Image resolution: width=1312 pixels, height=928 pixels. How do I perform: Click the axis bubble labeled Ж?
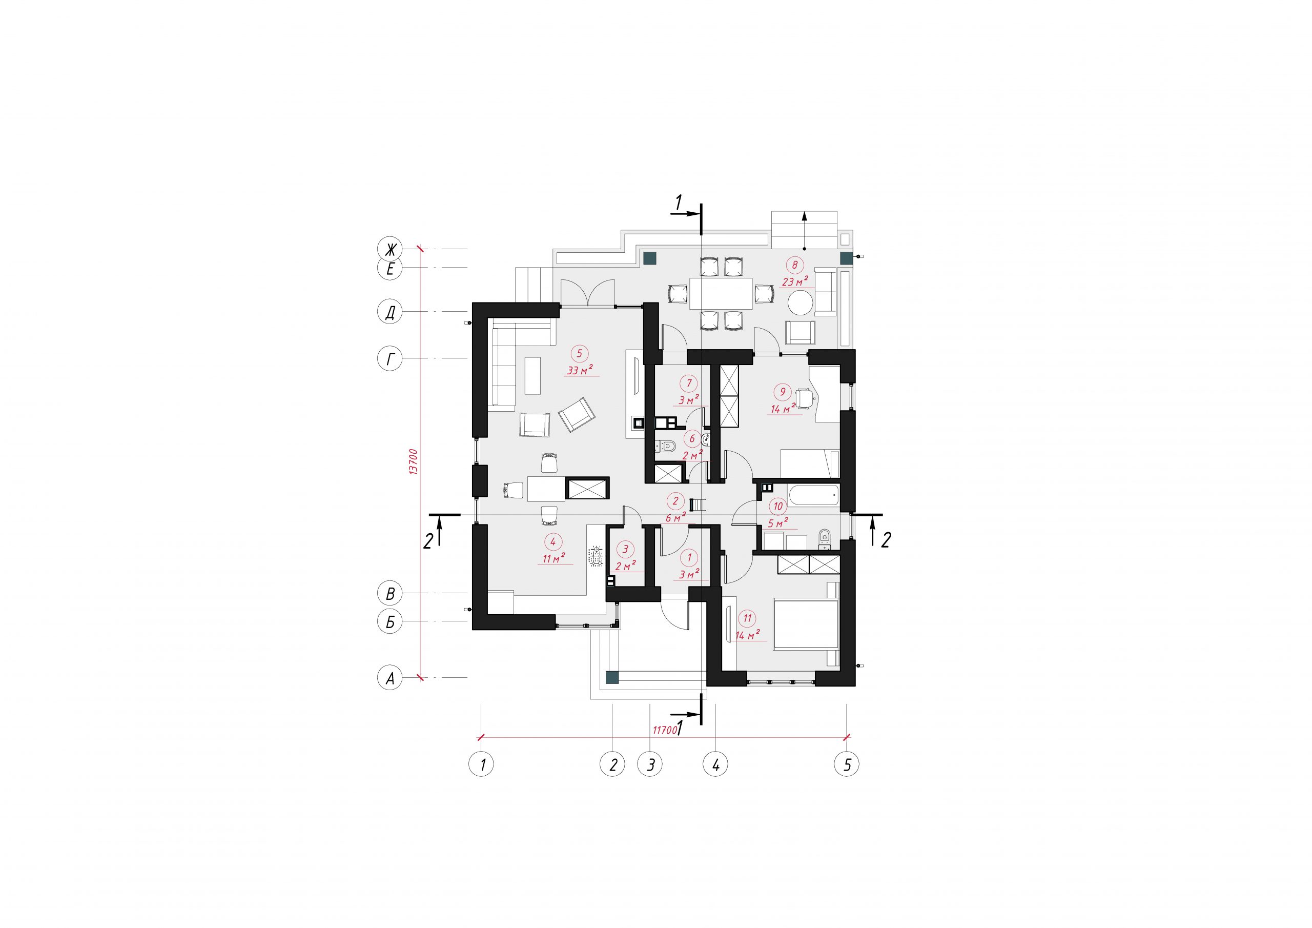391,250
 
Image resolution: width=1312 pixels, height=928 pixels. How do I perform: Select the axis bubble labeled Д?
391,313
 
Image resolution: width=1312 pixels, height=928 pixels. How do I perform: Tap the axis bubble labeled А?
391,679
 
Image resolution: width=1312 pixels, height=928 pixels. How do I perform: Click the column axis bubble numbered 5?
847,764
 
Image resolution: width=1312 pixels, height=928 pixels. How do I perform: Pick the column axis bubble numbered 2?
612,764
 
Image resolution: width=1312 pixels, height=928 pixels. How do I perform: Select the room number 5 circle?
580,354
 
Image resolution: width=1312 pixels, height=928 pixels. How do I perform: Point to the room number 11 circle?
747,618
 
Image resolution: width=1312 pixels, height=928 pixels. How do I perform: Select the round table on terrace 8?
801,302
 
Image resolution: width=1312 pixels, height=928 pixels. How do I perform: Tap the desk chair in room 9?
805,398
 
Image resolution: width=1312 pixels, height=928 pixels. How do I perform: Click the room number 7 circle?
689,383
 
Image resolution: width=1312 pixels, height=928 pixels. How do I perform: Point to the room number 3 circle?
626,550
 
